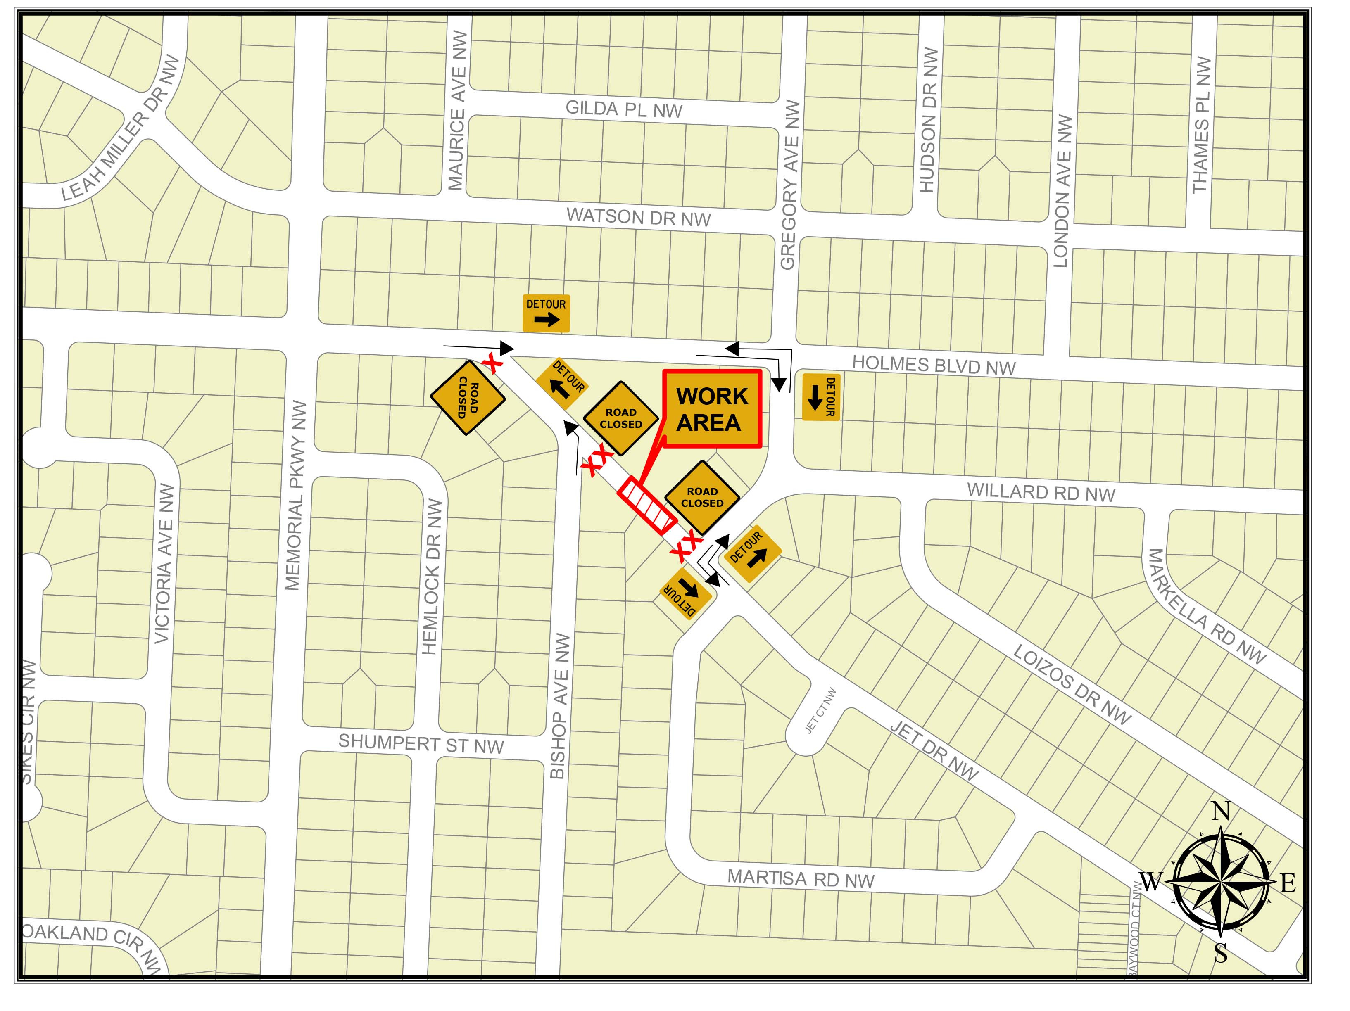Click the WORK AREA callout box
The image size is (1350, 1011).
coord(712,409)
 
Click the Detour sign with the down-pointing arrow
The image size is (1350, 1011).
coord(820,396)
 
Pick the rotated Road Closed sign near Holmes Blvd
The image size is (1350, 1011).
coord(468,397)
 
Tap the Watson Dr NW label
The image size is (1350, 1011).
coord(638,217)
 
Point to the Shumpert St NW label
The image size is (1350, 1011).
coord(421,744)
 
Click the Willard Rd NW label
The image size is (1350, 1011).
coord(1041,492)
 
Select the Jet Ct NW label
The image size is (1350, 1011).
coord(820,710)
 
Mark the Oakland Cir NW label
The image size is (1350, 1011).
coord(92,943)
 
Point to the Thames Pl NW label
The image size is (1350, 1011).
coord(1202,125)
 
